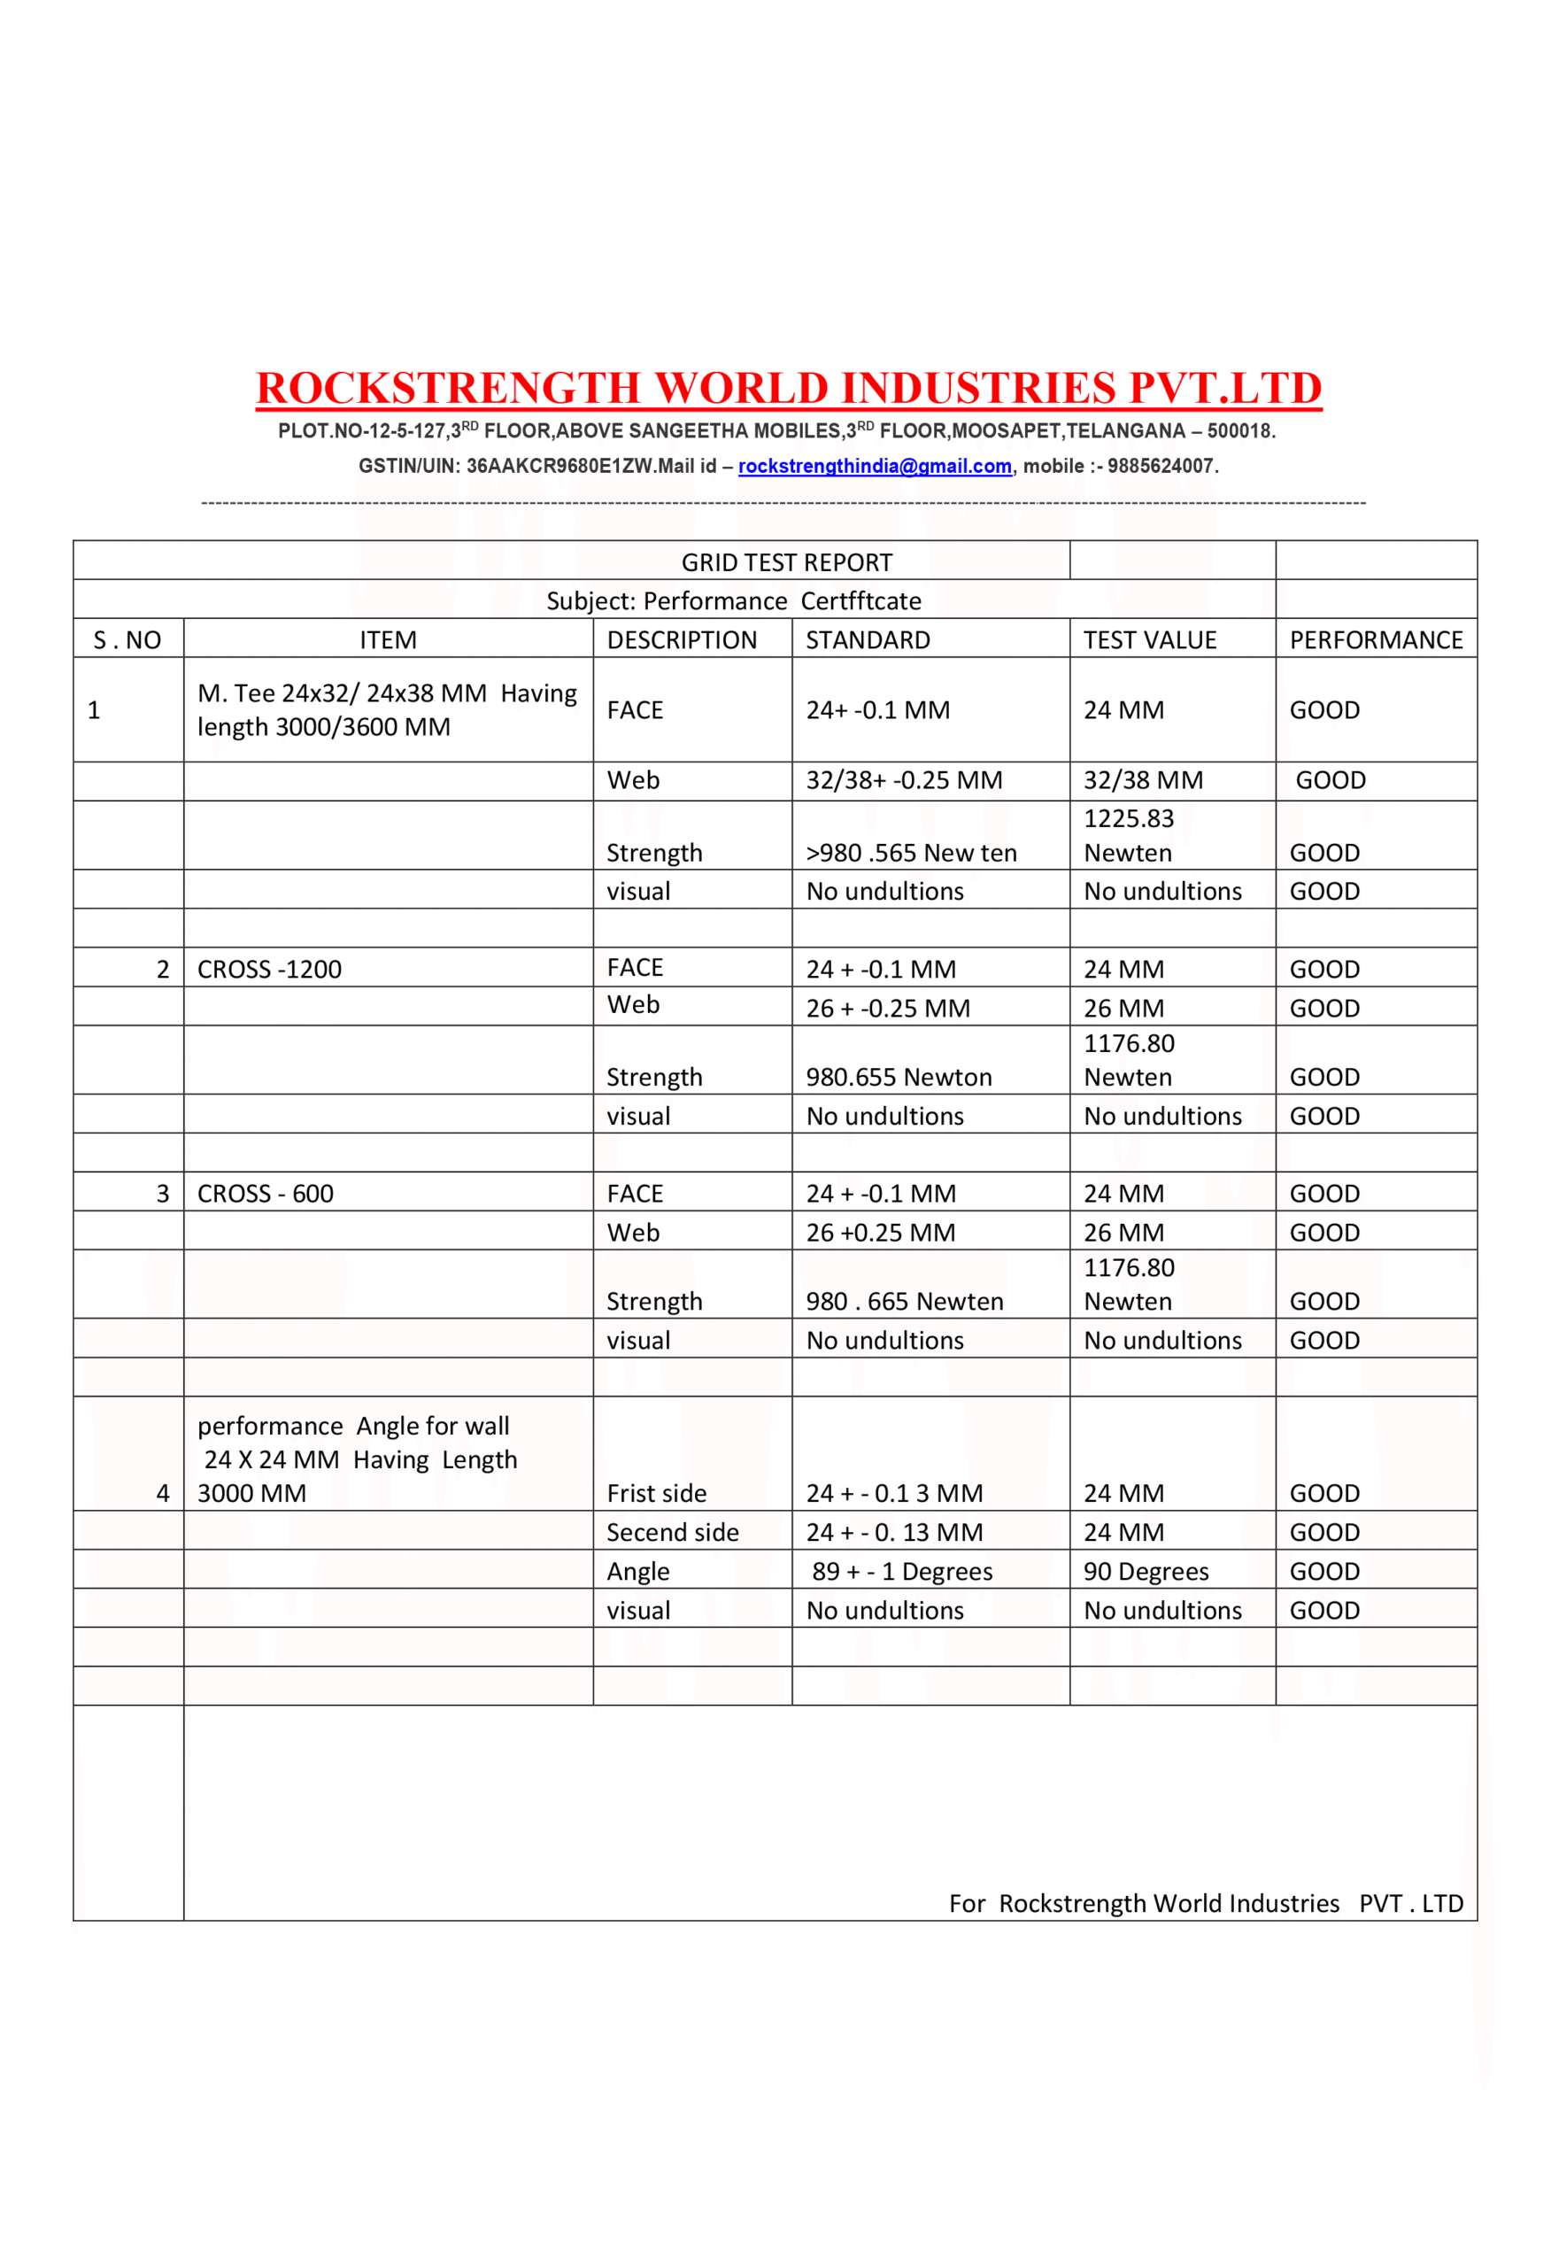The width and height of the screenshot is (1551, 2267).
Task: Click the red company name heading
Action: coord(788,388)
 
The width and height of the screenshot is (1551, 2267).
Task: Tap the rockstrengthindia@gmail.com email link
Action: coord(874,467)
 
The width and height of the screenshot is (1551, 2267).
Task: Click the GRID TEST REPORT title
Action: coord(786,563)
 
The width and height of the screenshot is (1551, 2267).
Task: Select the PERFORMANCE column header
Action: coord(1376,640)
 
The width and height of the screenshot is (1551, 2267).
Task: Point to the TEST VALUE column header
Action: coord(1149,640)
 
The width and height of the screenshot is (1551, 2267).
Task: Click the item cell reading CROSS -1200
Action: coord(269,969)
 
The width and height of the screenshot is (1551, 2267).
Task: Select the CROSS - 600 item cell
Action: coord(266,1193)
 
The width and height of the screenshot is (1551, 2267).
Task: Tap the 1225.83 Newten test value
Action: coord(1129,836)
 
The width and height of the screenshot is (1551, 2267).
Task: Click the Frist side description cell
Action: coord(657,1493)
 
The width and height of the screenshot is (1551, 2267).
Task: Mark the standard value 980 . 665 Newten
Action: coord(904,1301)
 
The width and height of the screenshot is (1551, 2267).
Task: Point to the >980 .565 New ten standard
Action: coord(911,853)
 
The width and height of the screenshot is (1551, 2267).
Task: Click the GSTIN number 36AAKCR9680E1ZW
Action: coord(559,467)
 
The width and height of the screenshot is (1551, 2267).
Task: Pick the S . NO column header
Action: coord(127,640)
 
